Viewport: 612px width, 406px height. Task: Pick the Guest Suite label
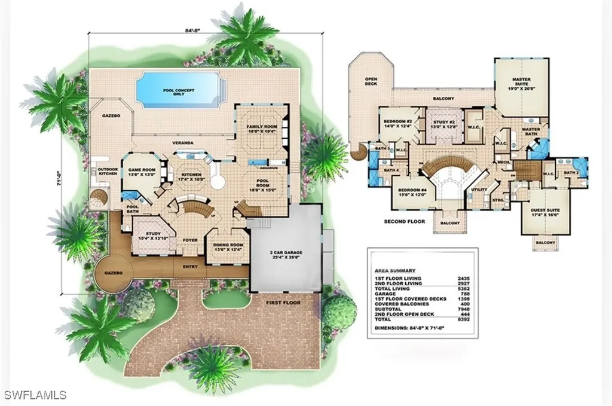(543, 213)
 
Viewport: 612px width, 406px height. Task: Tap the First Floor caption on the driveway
(284, 303)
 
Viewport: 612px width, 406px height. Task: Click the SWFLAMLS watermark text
(35, 395)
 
